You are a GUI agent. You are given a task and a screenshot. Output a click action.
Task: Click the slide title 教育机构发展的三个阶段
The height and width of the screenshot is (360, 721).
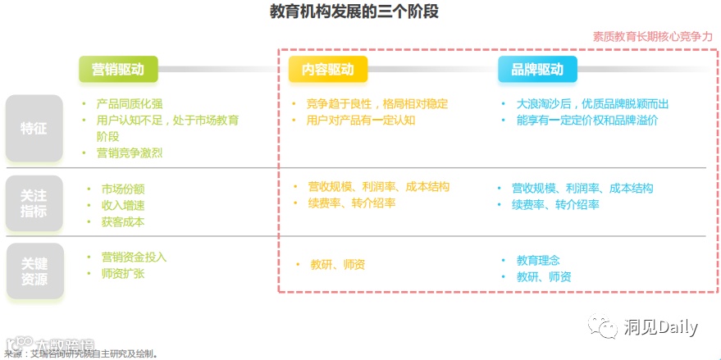click(x=360, y=12)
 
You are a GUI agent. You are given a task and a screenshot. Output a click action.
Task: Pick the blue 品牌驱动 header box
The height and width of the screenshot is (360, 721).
click(x=537, y=70)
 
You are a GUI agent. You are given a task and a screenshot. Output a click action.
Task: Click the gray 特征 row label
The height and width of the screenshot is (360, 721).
click(x=34, y=128)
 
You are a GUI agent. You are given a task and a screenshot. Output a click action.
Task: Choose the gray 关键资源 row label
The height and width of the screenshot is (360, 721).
click(x=34, y=271)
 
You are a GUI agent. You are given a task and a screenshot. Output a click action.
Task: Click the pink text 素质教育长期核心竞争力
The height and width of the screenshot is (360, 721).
click(x=653, y=37)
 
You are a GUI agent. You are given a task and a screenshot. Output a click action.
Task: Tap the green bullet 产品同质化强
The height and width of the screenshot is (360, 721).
click(x=130, y=104)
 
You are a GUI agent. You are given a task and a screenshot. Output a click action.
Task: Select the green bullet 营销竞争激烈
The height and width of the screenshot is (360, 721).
click(x=130, y=153)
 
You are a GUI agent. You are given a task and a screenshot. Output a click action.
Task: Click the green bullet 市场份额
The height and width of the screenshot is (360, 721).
click(x=123, y=189)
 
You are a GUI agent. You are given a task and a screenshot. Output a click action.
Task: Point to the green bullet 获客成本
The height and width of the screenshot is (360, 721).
click(x=123, y=221)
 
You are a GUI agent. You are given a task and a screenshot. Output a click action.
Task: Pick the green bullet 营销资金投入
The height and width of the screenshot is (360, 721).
click(x=134, y=257)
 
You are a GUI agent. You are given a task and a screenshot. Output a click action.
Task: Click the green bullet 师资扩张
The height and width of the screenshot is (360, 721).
click(x=123, y=274)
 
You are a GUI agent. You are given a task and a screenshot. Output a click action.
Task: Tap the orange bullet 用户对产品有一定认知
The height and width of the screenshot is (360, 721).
click(x=362, y=121)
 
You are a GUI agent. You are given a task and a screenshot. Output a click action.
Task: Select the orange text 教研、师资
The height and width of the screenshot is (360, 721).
click(x=337, y=264)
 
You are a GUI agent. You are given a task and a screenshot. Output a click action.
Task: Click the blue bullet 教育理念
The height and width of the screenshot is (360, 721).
click(x=538, y=260)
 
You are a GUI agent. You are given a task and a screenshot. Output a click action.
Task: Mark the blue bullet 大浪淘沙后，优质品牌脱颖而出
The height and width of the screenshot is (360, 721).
click(x=592, y=104)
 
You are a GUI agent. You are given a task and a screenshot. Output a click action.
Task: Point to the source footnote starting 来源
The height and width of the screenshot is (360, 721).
click(x=82, y=354)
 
